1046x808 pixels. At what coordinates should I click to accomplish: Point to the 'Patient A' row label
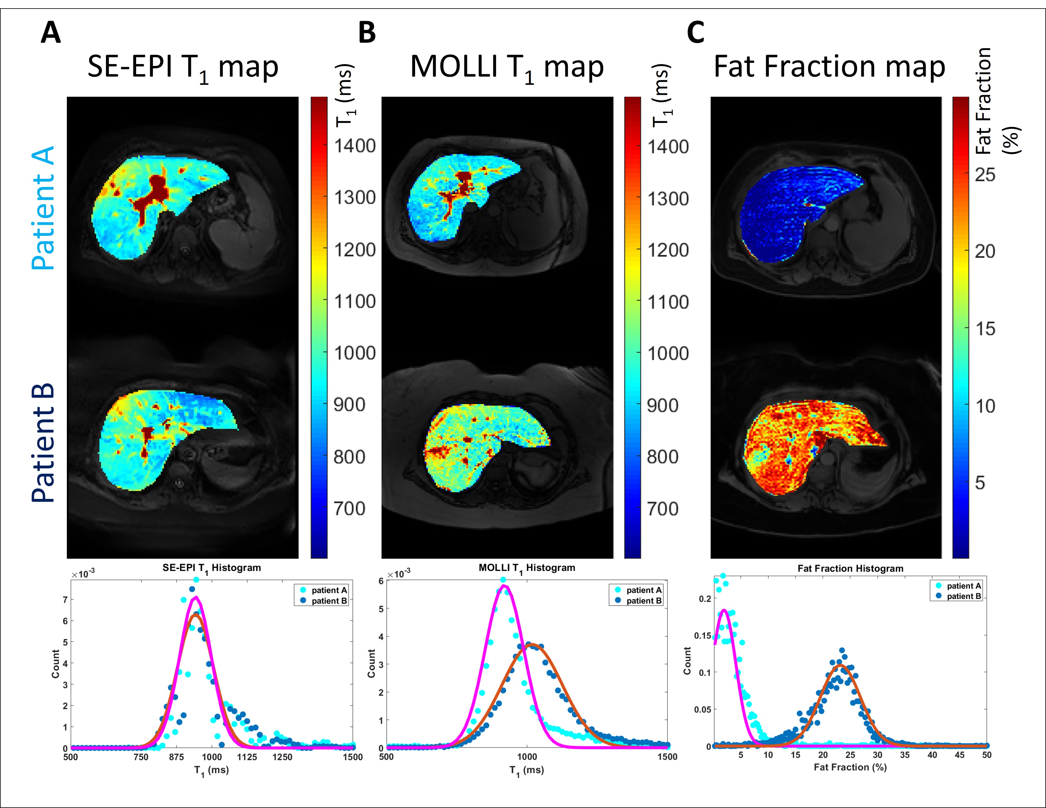[43, 208]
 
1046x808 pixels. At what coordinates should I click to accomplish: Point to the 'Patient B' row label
[43, 443]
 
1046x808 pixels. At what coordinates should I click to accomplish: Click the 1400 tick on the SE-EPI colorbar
[354, 146]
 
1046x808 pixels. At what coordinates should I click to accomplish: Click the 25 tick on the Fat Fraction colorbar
[985, 175]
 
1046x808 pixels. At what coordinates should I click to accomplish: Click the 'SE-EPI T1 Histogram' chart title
[212, 568]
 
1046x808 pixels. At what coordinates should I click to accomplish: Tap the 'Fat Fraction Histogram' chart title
[850, 569]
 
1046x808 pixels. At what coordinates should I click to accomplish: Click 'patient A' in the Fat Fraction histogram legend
[964, 586]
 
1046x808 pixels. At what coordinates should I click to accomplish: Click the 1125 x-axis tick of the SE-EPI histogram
[247, 757]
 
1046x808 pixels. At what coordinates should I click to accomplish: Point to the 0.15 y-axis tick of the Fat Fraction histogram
[703, 636]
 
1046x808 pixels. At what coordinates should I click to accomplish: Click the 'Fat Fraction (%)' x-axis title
[850, 767]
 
